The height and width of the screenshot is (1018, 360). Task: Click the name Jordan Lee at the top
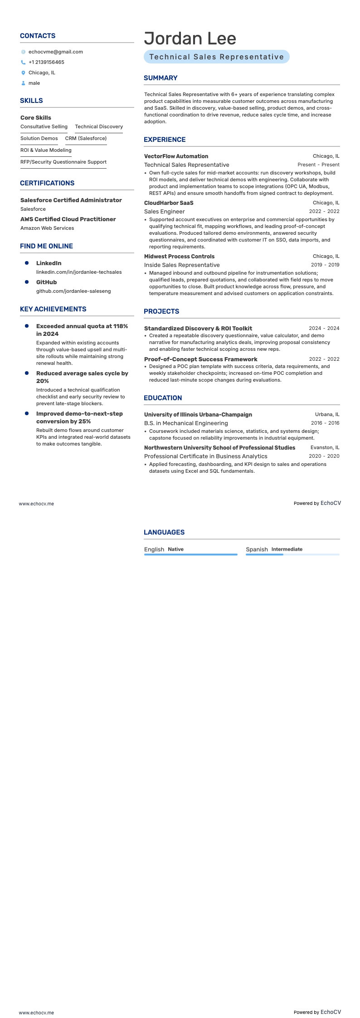point(190,39)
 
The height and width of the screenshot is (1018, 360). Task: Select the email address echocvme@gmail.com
point(55,52)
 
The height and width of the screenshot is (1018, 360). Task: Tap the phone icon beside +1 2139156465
point(23,63)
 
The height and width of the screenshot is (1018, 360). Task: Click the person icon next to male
point(23,83)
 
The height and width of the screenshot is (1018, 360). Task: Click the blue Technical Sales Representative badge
point(216,57)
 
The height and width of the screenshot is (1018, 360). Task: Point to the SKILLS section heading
point(31,101)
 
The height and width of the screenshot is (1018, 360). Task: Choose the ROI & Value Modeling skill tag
point(46,150)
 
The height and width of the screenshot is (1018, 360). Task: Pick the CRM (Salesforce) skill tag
point(86,138)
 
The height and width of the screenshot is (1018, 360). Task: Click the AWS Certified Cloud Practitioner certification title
point(68,219)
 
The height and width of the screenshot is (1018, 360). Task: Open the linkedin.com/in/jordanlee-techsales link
point(79,272)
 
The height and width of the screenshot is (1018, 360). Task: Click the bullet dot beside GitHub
point(27,282)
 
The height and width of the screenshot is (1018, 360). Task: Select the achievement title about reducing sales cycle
point(82,377)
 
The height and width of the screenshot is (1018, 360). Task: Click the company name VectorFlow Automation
point(176,156)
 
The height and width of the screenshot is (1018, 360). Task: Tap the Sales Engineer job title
point(164,211)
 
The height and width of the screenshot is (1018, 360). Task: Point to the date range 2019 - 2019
point(325,265)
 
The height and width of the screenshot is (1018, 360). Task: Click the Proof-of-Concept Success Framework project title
point(200,359)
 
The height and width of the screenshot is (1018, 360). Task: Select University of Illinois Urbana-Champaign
point(198,415)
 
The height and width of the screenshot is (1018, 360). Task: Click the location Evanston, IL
point(325,448)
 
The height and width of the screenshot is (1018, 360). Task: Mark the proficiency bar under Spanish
point(292,554)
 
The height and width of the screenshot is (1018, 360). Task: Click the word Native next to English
point(175,549)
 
